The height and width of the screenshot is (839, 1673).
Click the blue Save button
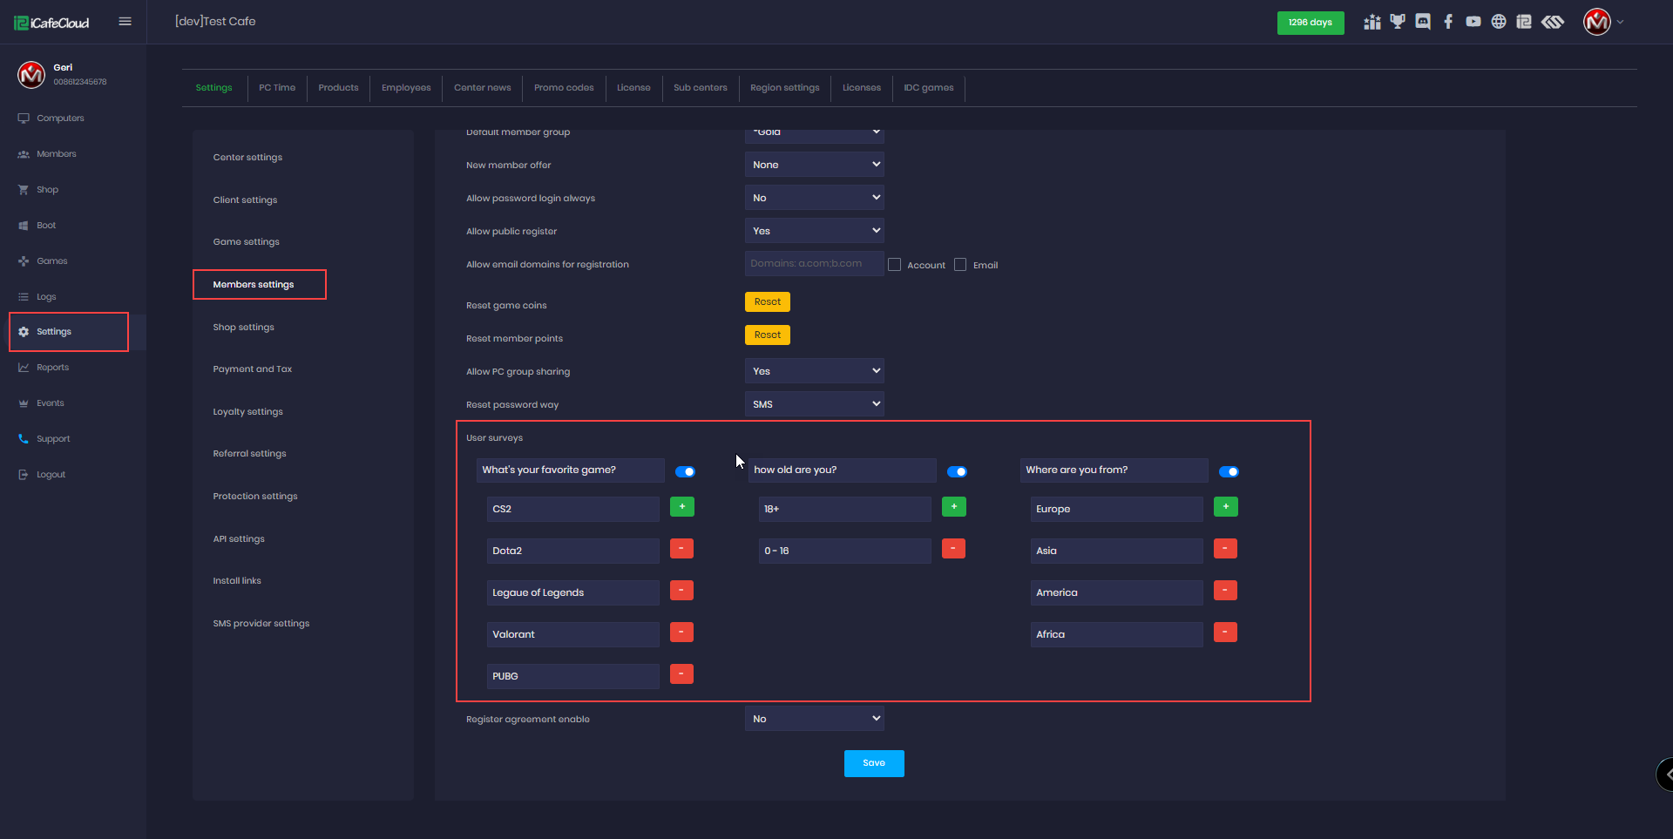pos(873,763)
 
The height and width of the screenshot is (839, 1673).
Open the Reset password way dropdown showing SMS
pos(814,404)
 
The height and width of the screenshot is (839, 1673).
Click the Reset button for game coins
pos(767,302)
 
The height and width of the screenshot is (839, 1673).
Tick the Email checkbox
pos(960,265)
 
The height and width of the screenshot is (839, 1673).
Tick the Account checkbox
pos(894,265)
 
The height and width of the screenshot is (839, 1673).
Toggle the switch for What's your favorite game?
pos(686,471)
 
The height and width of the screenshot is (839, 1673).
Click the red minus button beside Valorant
pos(681,633)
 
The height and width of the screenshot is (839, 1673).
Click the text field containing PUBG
pos(572,676)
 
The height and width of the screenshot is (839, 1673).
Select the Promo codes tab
pos(564,88)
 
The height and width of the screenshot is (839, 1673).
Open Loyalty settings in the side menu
pos(248,412)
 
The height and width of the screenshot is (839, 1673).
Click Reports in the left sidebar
pos(52,368)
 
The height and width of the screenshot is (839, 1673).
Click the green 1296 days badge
pos(1310,23)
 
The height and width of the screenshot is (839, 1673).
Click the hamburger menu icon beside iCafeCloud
pos(125,22)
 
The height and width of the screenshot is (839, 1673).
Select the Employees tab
pos(406,88)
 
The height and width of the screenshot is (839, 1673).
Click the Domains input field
pos(814,264)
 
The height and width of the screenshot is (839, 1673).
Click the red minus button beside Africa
pos(1225,633)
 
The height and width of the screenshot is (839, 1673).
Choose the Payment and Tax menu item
pos(253,369)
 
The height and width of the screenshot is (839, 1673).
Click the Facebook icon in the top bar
pos(1448,22)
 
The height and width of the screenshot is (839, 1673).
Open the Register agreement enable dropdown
pos(814,719)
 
